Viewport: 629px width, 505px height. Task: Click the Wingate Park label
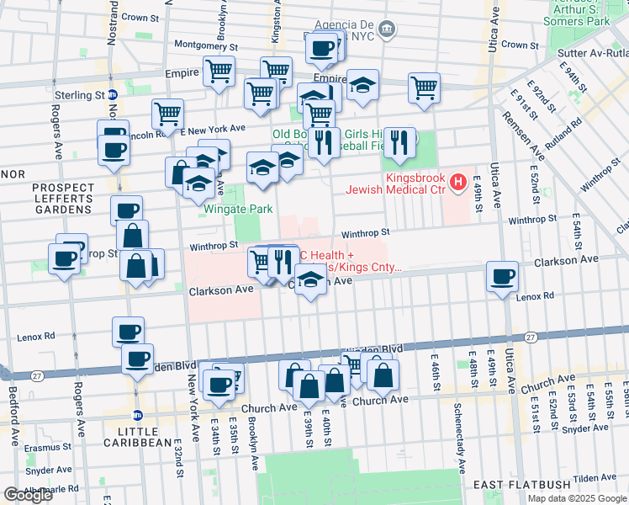click(x=235, y=209)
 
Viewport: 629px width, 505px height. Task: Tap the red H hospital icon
click(x=457, y=181)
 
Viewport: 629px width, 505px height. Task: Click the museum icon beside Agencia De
click(x=387, y=29)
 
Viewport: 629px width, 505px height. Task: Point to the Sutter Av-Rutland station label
click(x=593, y=52)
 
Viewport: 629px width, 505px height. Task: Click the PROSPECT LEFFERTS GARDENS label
click(x=61, y=198)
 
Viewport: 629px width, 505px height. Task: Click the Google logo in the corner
click(x=28, y=495)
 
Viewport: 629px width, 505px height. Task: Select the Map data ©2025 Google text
click(x=575, y=498)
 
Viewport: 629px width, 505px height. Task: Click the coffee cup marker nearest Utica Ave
click(x=503, y=275)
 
